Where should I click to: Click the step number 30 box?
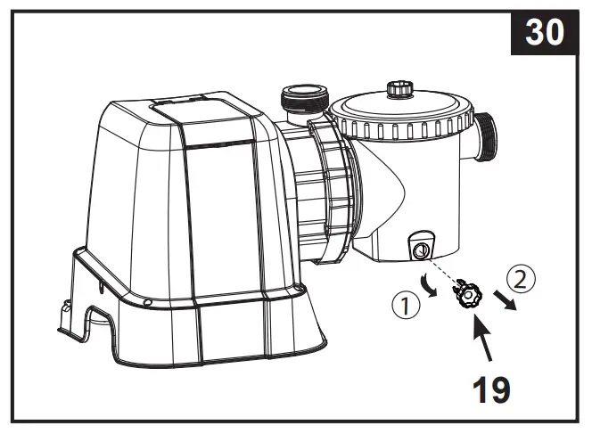pos(544,33)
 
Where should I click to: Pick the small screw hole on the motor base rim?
pos(147,302)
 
